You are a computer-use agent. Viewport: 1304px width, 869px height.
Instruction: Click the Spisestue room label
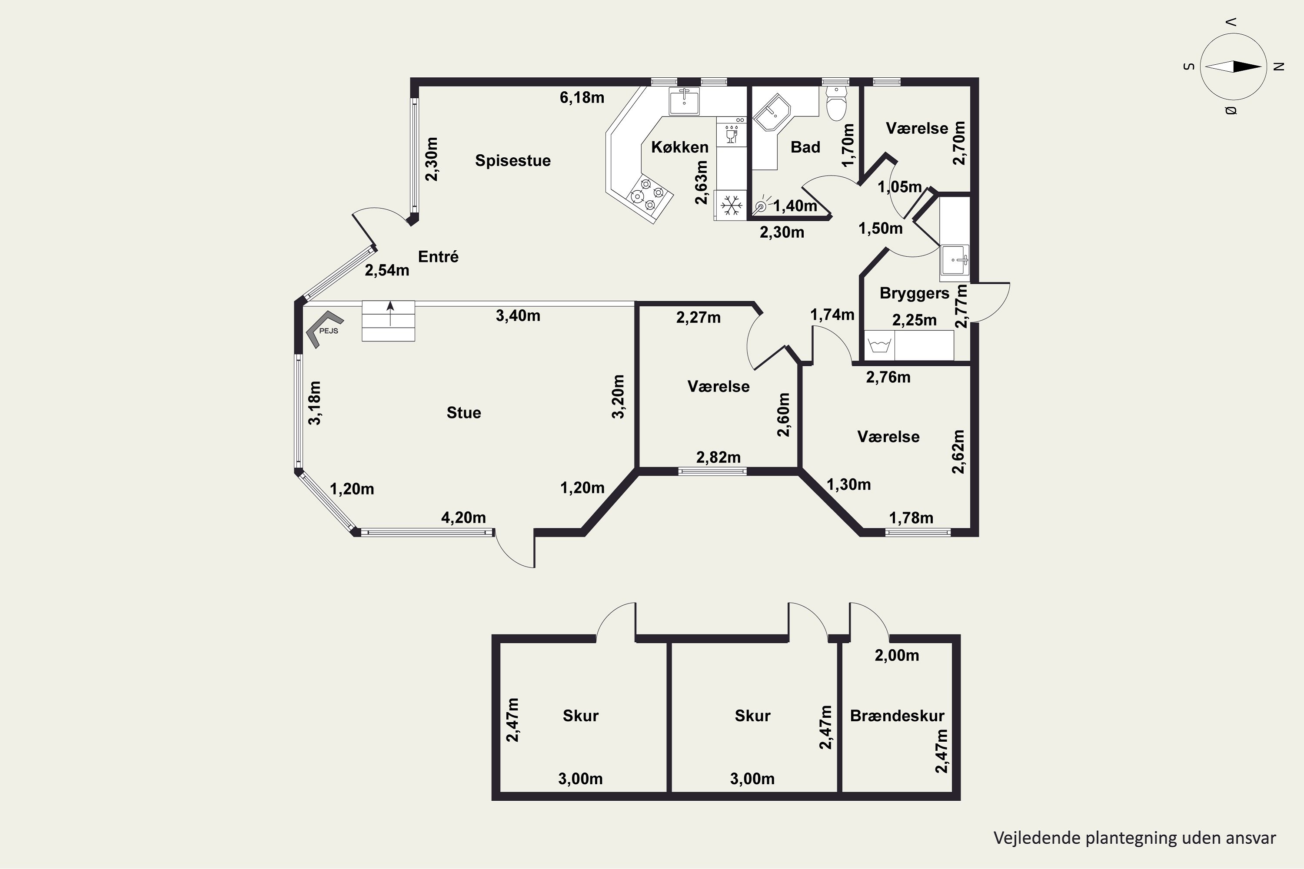click(x=513, y=161)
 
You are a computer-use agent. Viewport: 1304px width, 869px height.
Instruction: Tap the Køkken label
click(x=680, y=147)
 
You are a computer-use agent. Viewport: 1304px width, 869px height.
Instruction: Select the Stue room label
click(x=464, y=412)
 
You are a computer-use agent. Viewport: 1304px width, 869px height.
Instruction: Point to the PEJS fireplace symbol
click(x=324, y=328)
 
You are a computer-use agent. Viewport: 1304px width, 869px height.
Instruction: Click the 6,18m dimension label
click(x=582, y=97)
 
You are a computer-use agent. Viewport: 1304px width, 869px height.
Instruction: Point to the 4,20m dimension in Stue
click(x=463, y=517)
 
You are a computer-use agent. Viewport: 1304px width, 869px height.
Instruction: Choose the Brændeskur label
click(x=897, y=716)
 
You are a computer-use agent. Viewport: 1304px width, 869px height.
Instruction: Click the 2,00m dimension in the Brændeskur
click(x=896, y=656)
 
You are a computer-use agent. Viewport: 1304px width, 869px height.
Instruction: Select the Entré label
click(x=438, y=257)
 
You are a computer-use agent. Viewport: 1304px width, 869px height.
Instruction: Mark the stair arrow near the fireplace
click(x=390, y=313)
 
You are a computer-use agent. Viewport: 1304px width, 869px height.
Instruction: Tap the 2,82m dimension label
click(x=718, y=457)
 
